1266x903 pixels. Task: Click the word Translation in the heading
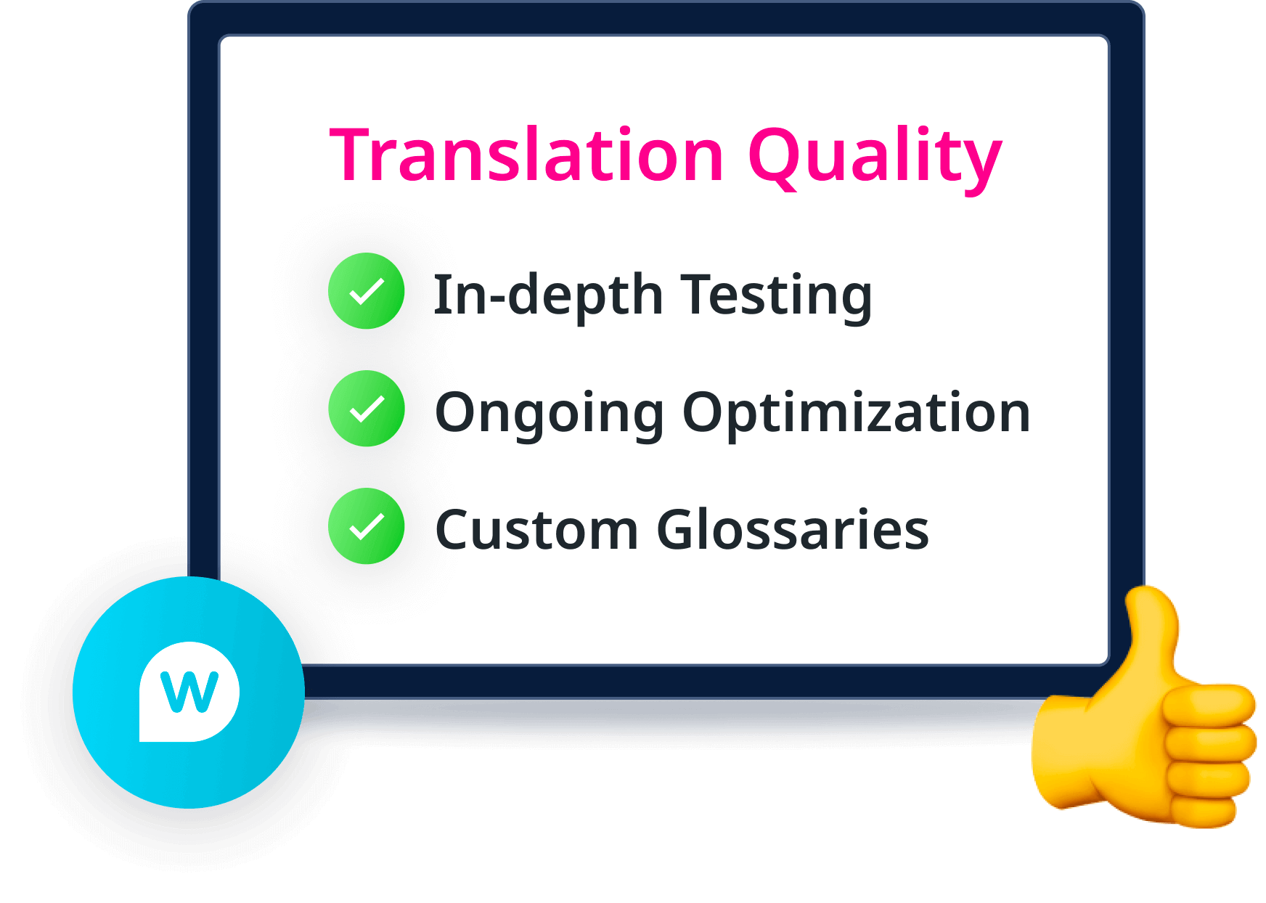(527, 155)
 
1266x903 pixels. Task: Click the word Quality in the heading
(874, 156)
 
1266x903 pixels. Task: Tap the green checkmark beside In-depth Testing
(366, 291)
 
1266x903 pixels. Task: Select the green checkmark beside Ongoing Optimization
(366, 409)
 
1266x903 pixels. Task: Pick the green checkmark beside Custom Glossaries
(366, 526)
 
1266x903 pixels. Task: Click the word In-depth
(548, 295)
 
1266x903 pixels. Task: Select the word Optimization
(856, 412)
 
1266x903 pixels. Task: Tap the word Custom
(536, 530)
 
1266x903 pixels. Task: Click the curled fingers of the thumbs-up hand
(1209, 755)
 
